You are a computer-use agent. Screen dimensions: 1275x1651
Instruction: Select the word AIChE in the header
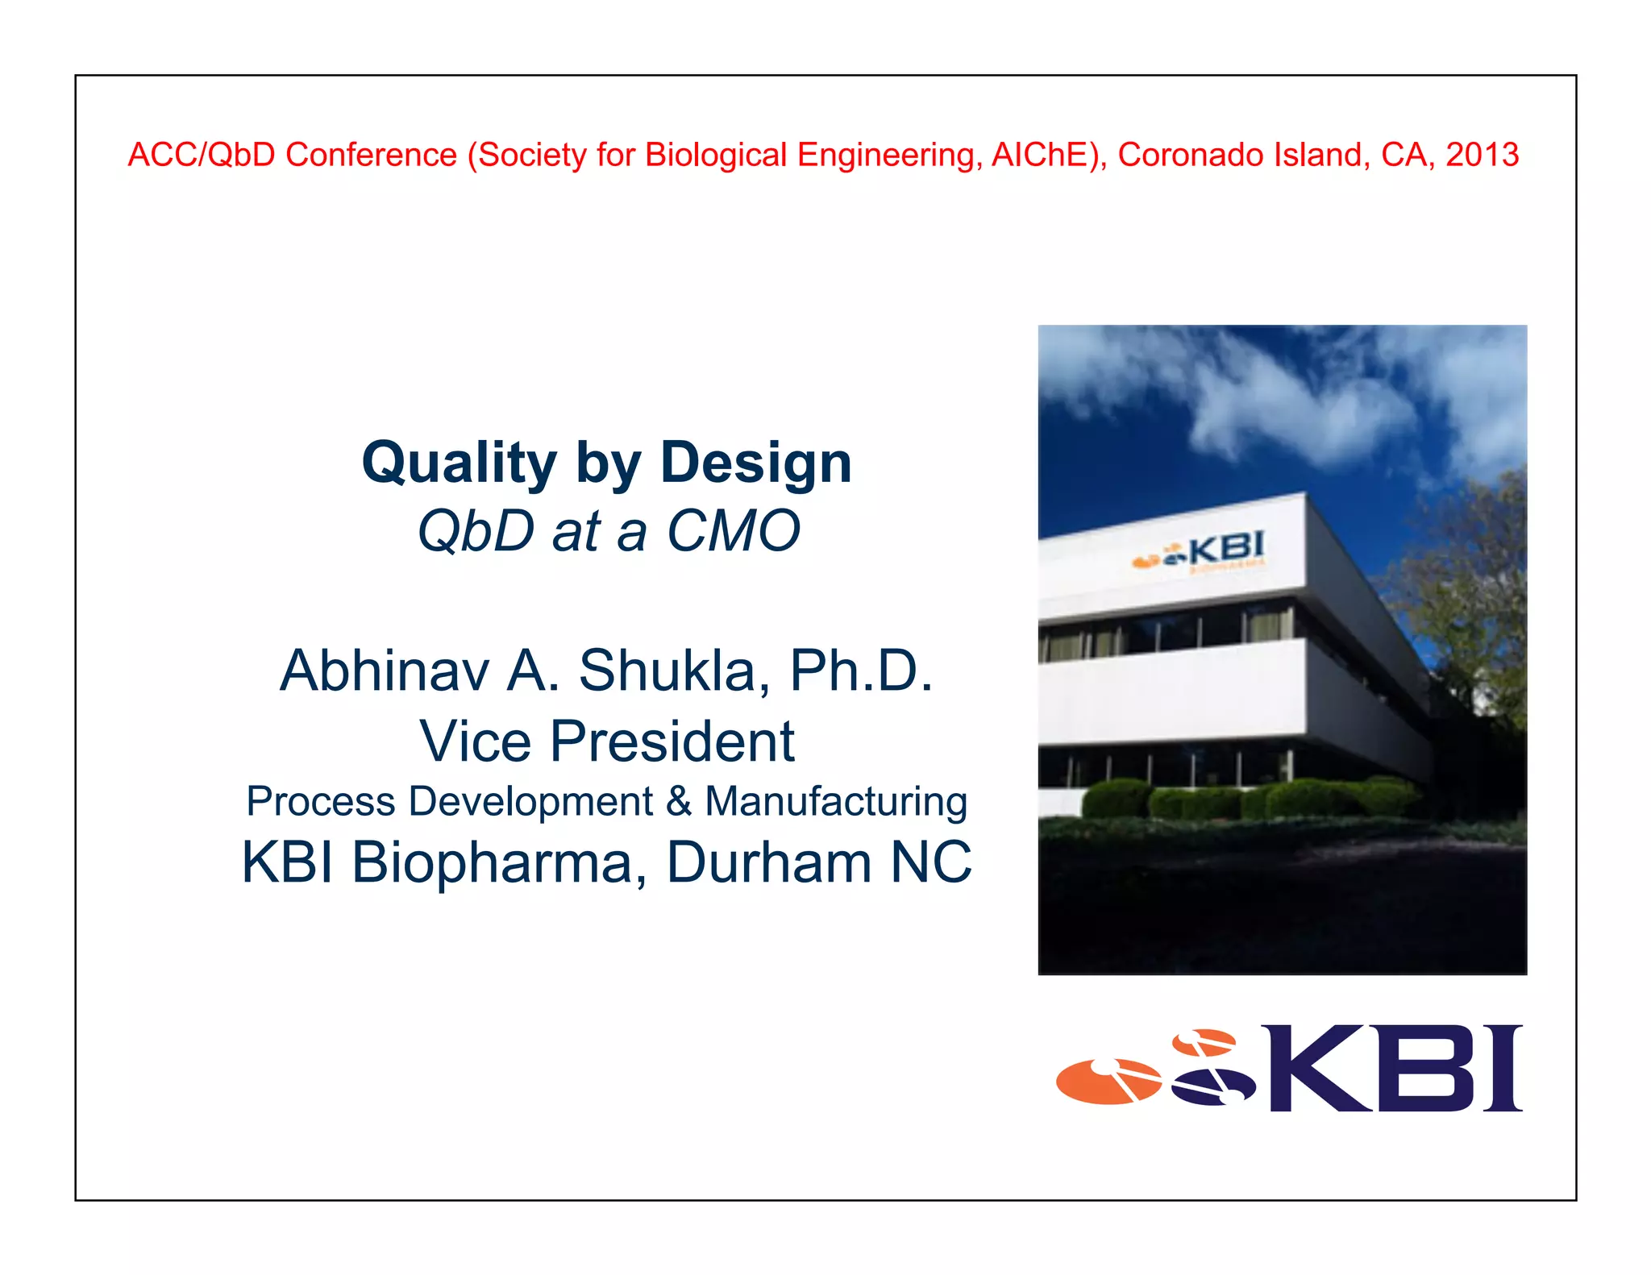coord(1045,155)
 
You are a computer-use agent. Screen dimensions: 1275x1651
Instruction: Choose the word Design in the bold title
coord(755,464)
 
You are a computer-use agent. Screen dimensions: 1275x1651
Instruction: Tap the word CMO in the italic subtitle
coord(733,532)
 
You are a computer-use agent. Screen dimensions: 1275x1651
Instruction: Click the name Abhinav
coord(384,671)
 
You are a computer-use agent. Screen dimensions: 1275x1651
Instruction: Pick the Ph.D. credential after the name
coord(860,671)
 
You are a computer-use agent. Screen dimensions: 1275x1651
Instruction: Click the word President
coord(672,741)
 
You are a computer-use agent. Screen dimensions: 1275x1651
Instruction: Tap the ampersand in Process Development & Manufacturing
coord(679,802)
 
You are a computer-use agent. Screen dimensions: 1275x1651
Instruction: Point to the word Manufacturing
coord(836,802)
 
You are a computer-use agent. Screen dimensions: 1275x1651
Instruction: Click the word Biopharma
coord(492,863)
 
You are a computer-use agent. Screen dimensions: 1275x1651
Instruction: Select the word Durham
coord(769,863)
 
